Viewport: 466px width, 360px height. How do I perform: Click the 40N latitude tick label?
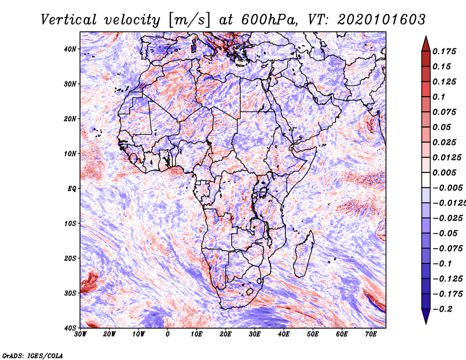click(70, 49)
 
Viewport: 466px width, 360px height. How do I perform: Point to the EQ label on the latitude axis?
click(72, 189)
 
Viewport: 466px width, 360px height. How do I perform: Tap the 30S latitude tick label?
click(70, 293)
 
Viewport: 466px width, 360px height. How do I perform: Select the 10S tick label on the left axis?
click(70, 223)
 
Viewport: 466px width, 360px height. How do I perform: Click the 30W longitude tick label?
click(80, 334)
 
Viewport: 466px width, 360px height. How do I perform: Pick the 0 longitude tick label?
click(168, 334)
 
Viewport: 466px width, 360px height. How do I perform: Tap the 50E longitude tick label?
click(313, 334)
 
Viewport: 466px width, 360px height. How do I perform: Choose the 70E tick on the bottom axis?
click(371, 334)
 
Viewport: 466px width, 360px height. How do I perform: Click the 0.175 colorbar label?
click(444, 51)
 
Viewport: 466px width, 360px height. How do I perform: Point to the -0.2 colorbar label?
click(442, 309)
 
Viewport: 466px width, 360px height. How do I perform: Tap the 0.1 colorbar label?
click(439, 97)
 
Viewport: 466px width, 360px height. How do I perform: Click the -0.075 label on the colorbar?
click(447, 249)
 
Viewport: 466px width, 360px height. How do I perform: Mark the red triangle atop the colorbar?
click(426, 45)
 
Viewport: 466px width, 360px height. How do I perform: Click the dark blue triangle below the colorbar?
click(426, 316)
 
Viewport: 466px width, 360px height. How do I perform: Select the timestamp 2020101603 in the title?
click(382, 20)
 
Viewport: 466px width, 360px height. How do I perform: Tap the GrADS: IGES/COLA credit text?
click(33, 356)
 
